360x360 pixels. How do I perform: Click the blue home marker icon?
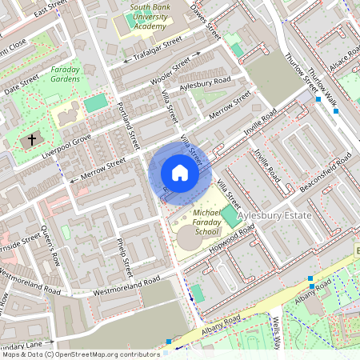[x=180, y=172]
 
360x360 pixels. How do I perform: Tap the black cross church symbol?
[x=32, y=140]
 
